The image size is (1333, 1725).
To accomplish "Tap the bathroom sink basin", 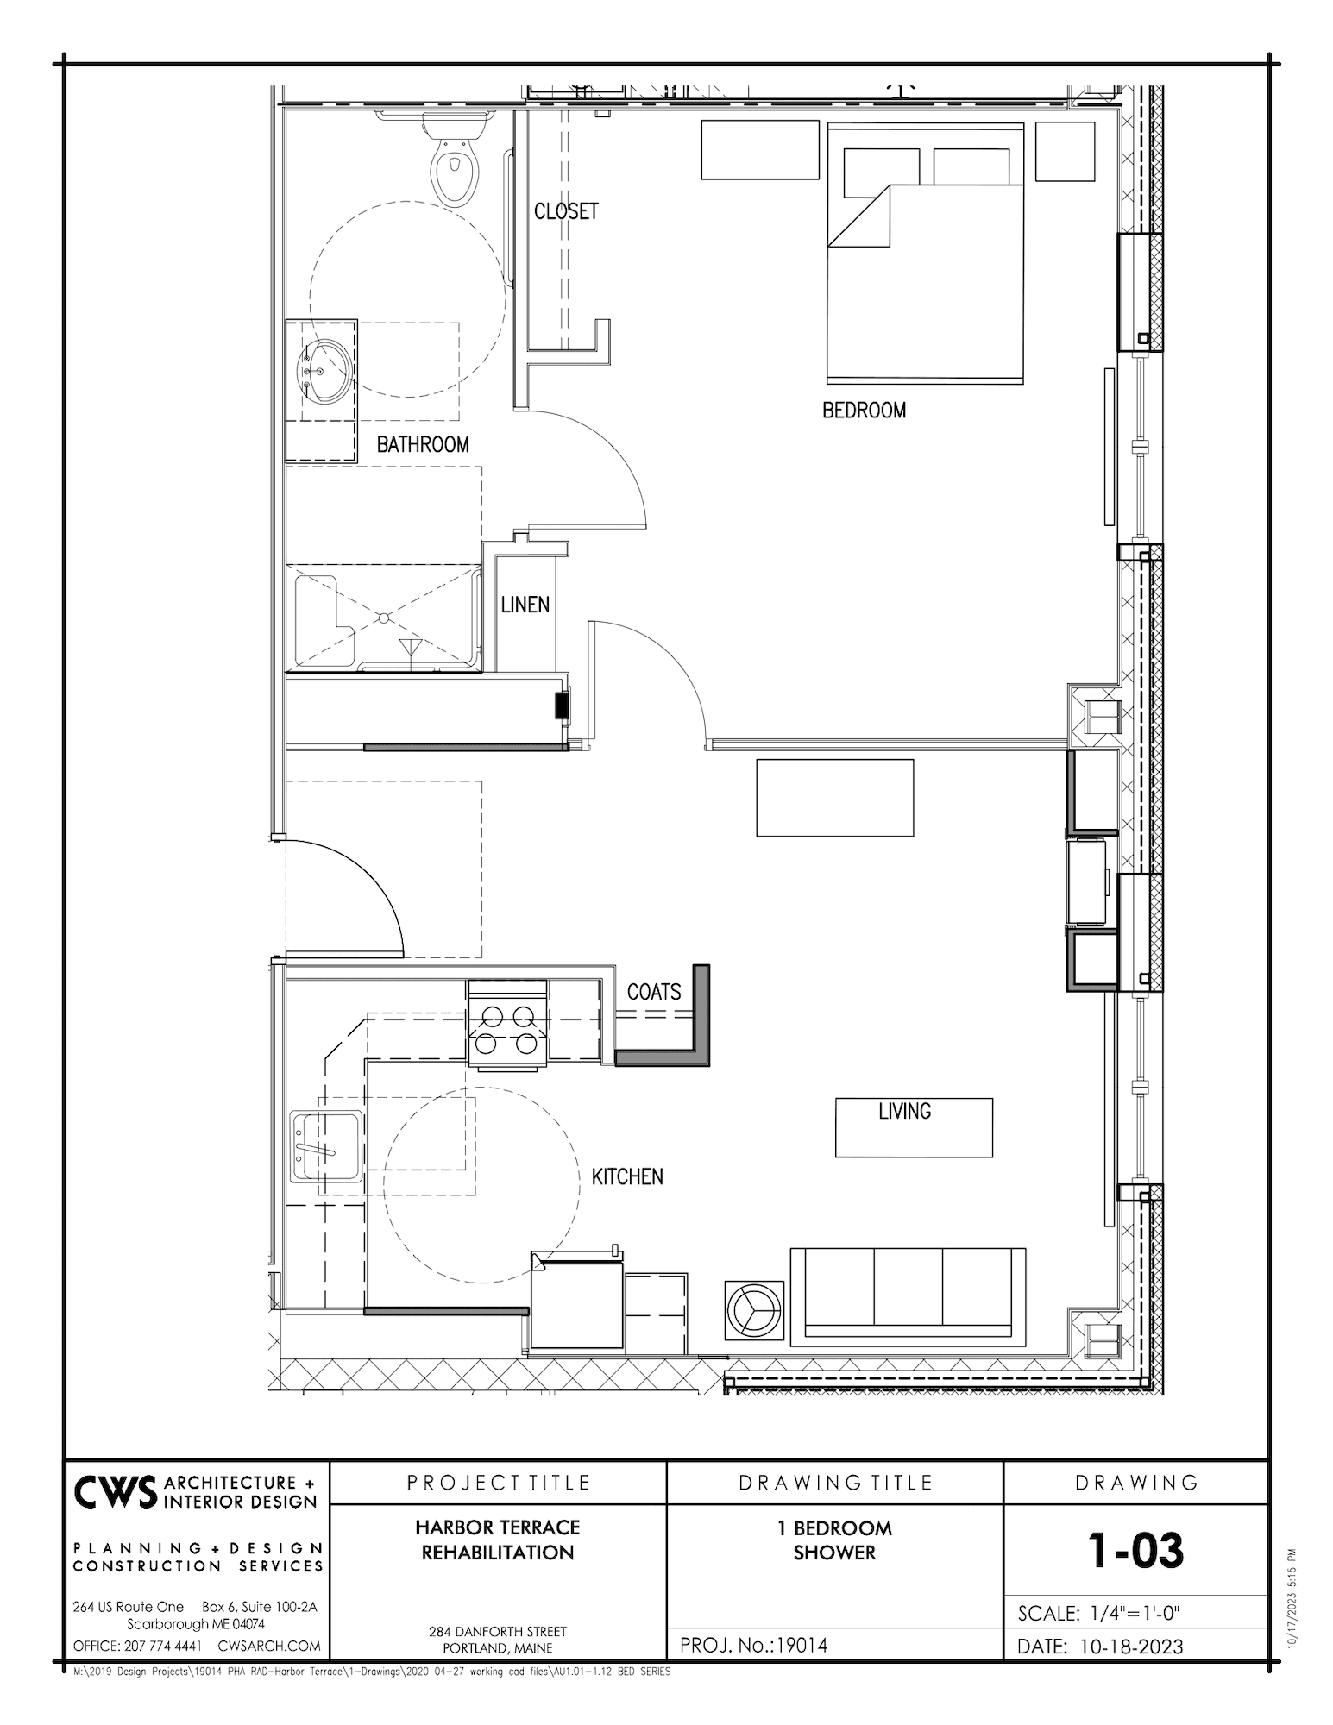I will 326,371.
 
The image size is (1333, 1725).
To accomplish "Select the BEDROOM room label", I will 864,411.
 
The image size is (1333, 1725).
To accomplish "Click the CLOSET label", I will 565,211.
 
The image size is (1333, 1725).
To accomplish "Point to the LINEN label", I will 525,605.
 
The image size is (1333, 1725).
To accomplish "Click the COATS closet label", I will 653,993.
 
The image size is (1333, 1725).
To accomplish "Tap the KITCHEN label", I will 627,1176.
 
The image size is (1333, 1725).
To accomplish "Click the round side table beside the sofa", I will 754,1309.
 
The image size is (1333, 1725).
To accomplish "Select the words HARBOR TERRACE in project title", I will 498,1527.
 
